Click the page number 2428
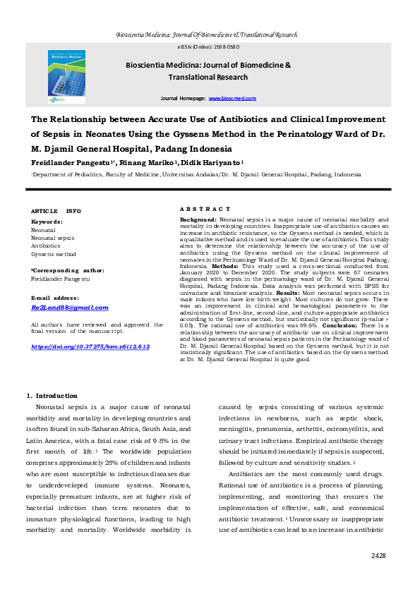click(x=378, y=555)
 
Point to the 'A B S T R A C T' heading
click(x=205, y=210)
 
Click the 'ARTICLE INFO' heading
click(x=56, y=211)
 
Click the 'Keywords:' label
click(x=47, y=222)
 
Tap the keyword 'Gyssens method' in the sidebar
click(x=54, y=254)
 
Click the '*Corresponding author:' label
click(x=68, y=270)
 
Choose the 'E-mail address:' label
click(x=56, y=298)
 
